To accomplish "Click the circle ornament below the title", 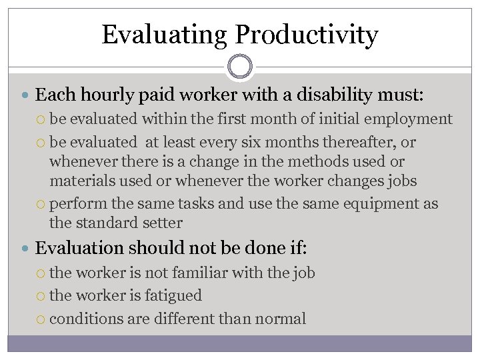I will (x=240, y=67).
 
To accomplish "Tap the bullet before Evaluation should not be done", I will (x=26, y=249).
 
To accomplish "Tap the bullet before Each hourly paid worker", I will (x=26, y=96).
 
